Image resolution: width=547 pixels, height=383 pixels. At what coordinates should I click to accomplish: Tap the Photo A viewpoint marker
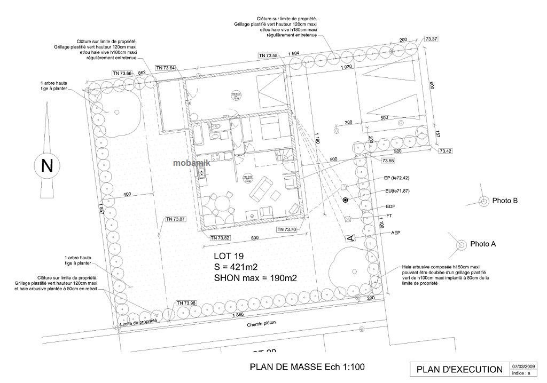pyautogui.click(x=461, y=244)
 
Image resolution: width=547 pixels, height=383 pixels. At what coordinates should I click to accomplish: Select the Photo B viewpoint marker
pyautogui.click(x=483, y=201)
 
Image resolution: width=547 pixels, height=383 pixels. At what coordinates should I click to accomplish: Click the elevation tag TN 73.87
pyautogui.click(x=175, y=219)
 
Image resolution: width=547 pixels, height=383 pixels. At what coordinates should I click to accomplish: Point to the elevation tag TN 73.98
pyautogui.click(x=186, y=303)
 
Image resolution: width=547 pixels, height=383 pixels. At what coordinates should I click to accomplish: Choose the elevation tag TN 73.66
pyautogui.click(x=122, y=73)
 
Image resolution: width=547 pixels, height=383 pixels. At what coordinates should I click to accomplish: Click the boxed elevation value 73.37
pyautogui.click(x=431, y=39)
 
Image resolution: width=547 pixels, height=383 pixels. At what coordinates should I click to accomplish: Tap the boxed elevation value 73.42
pyautogui.click(x=446, y=151)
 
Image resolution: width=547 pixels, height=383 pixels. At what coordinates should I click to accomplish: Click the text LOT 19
pyautogui.click(x=229, y=256)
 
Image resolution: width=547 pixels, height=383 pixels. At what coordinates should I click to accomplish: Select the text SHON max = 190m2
pyautogui.click(x=255, y=277)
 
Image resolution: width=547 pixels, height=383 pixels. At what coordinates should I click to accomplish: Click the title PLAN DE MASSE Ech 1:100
pyautogui.click(x=307, y=368)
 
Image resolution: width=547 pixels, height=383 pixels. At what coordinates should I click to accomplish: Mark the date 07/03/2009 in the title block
pyautogui.click(x=524, y=366)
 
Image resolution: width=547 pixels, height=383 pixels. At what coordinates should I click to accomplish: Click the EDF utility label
pyautogui.click(x=389, y=206)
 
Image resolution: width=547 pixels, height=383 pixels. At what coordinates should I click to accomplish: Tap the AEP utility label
pyautogui.click(x=396, y=233)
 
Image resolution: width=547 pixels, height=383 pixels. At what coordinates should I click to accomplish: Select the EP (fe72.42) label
pyautogui.click(x=400, y=178)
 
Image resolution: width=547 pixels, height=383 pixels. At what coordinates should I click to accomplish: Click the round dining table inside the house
pyautogui.click(x=221, y=203)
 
